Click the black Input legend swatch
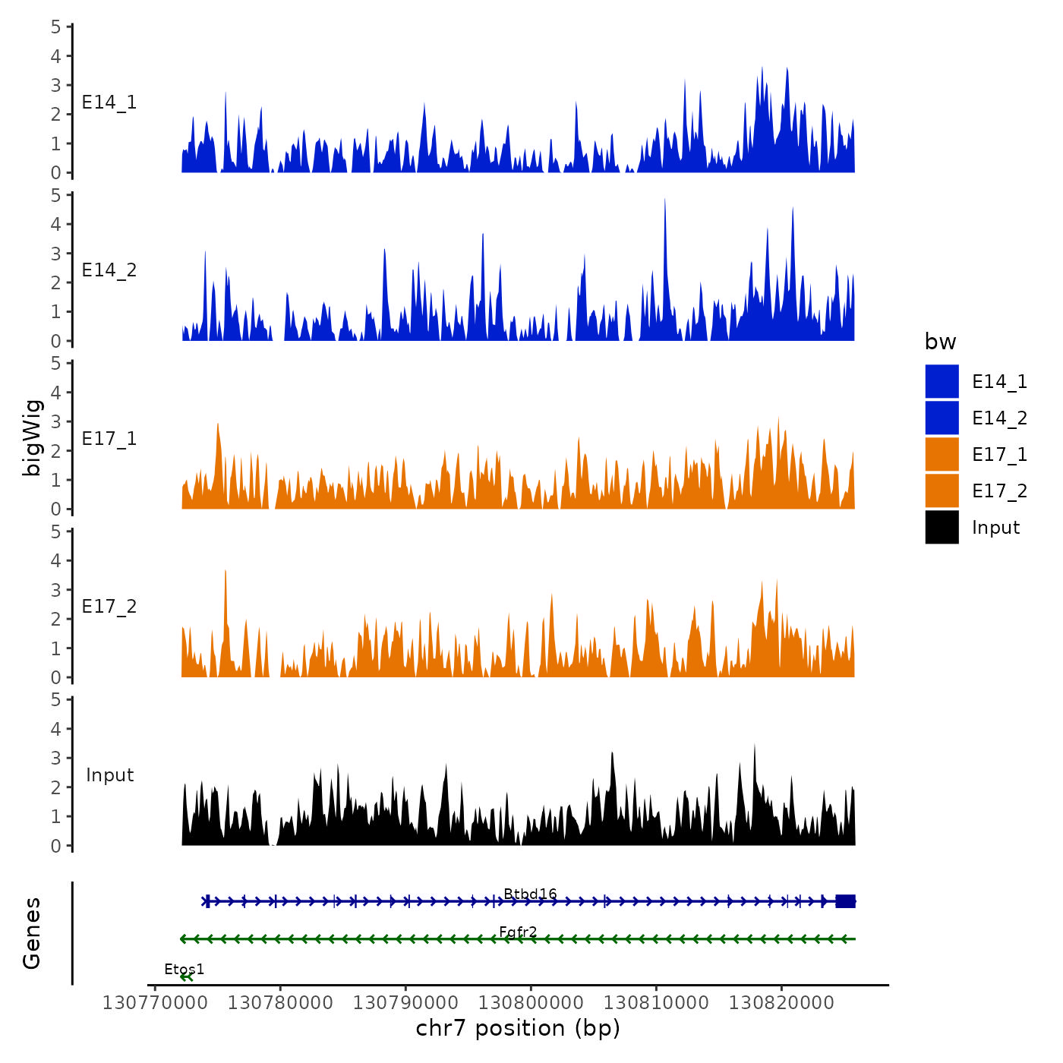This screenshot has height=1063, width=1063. (942, 527)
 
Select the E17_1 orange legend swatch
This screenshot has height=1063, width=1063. (942, 454)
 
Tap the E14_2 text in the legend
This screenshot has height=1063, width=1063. (999, 418)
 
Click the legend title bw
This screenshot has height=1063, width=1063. (940, 342)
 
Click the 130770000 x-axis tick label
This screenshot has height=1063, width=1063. (154, 1003)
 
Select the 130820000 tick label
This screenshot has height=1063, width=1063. (781, 1003)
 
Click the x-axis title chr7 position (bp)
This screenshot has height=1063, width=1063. (518, 1028)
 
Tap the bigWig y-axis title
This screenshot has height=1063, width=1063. (32, 437)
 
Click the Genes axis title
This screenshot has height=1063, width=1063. (32, 933)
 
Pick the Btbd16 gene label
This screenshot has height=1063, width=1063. (530, 894)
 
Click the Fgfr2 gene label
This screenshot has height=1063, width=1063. (518, 932)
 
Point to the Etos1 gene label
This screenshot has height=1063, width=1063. (185, 970)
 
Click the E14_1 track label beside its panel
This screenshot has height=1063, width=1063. (109, 103)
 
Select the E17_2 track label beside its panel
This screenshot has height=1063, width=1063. (109, 606)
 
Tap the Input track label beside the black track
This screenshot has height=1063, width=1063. (109, 774)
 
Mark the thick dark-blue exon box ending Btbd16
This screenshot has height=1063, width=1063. (845, 901)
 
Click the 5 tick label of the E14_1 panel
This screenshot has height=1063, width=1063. (56, 27)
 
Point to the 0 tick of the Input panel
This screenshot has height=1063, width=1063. (56, 846)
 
